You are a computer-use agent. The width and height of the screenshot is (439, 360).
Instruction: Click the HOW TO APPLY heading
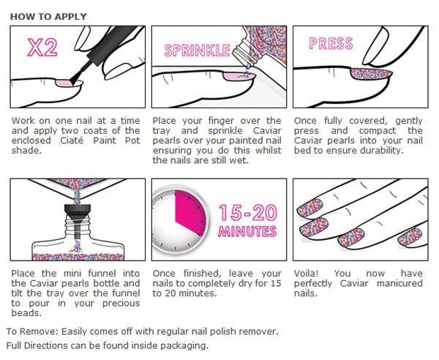[48, 17]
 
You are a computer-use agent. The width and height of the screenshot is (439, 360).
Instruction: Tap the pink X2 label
[42, 48]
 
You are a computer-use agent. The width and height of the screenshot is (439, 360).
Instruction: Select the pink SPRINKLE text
[197, 50]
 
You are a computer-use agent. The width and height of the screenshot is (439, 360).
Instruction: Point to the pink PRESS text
[331, 43]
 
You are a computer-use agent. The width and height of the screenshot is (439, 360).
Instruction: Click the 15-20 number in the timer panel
[248, 212]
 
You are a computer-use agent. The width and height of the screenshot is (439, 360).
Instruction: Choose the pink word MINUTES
[247, 231]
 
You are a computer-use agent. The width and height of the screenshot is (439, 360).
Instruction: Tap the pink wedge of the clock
[190, 211]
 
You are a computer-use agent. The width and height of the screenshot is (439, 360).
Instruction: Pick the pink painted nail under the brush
[64, 83]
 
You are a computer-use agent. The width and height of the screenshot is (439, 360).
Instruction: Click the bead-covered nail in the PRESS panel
[371, 74]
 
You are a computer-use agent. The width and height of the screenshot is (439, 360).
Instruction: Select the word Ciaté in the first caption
[72, 140]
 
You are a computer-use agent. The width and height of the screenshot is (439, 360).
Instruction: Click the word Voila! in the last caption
[306, 273]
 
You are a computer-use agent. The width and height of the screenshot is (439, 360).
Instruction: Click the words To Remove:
[32, 331]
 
